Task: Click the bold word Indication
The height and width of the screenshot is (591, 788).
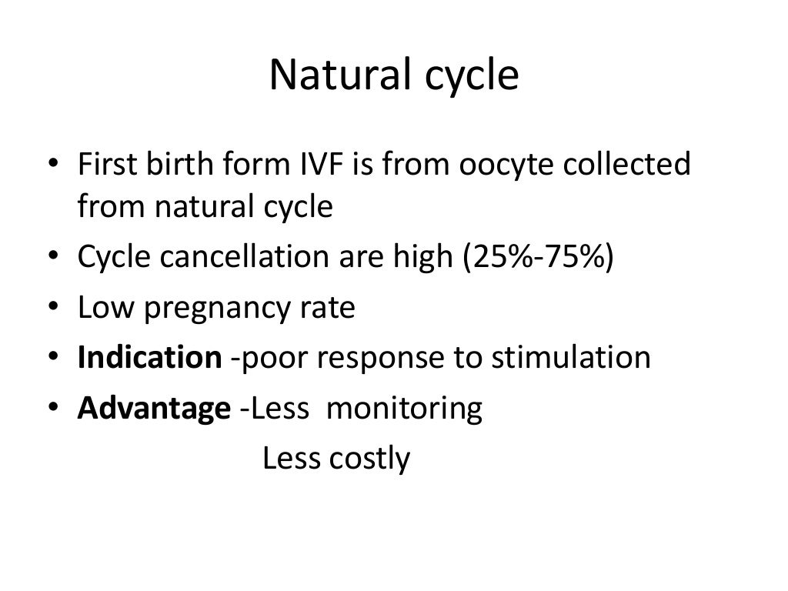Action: click(x=149, y=358)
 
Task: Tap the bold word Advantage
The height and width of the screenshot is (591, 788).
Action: click(x=153, y=409)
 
